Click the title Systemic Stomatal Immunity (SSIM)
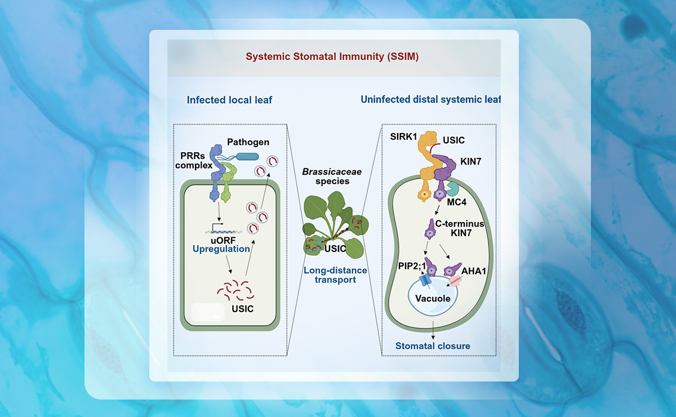(x=331, y=57)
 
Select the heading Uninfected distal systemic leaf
(x=430, y=100)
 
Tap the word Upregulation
(x=221, y=249)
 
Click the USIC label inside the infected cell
(x=243, y=308)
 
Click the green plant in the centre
(x=331, y=223)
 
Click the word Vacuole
(x=433, y=298)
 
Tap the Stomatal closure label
(x=432, y=345)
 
